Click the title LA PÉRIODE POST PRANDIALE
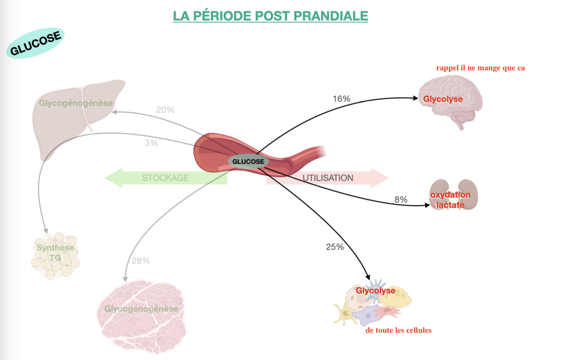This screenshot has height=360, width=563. point(271,16)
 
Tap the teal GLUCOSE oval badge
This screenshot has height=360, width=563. point(36,43)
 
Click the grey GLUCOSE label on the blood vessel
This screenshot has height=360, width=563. point(248,162)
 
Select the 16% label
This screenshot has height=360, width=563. point(341,99)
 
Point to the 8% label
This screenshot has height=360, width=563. point(401,200)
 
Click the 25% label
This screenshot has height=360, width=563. point(335,247)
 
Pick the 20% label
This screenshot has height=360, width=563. point(165,110)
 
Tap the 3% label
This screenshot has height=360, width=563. point(151,143)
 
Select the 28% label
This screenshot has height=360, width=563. point(141,261)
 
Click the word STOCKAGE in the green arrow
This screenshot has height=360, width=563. point(165,178)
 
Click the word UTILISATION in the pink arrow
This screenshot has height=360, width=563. point(328,178)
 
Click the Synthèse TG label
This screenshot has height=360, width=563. point(55,252)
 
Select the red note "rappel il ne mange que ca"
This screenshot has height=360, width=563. point(480,68)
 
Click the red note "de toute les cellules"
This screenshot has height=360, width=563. point(398,330)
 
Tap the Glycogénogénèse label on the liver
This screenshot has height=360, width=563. point(76,103)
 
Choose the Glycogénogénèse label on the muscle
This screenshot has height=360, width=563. point(141,309)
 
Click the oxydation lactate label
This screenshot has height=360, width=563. point(450,200)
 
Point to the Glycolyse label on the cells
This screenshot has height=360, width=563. point(375,291)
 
